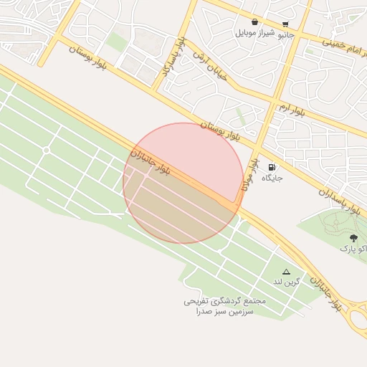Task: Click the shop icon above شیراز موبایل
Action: (254, 22)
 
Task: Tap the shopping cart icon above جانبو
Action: (285, 24)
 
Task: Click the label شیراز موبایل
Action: (254, 33)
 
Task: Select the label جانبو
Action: (285, 34)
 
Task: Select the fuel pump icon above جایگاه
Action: (271, 167)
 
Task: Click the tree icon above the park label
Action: (353, 238)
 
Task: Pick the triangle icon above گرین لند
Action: (286, 272)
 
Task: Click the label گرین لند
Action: (286, 282)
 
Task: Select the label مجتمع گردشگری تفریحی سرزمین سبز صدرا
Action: (224, 307)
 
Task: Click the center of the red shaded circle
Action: (183, 183)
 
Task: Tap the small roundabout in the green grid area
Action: (46, 150)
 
